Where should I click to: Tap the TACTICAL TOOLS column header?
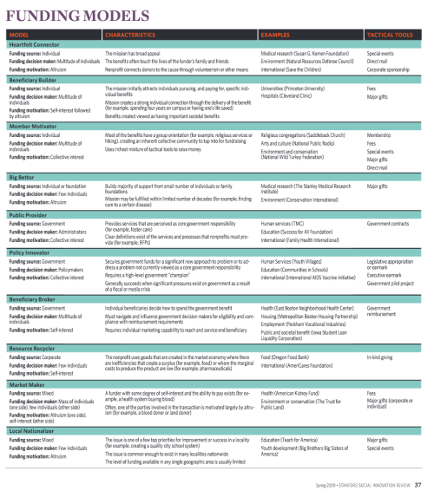(390, 34)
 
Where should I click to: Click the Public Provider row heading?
(30, 213)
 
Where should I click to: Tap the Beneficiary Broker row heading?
(36, 297)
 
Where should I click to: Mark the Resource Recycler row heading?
(34, 346)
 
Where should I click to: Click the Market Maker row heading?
(28, 383)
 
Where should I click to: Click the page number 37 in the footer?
(418, 484)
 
